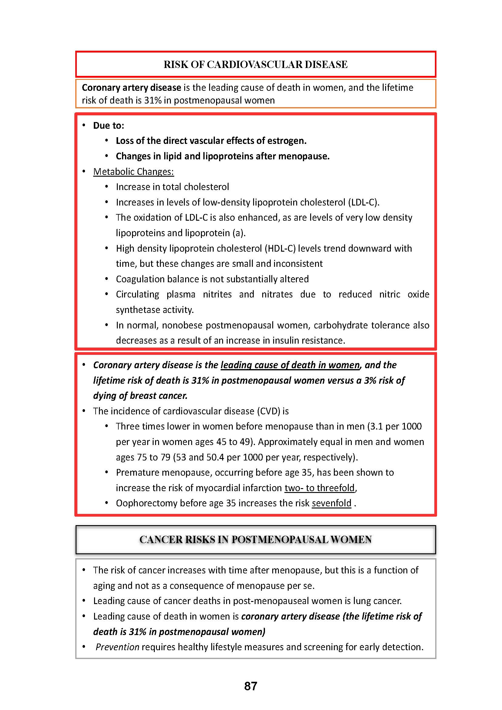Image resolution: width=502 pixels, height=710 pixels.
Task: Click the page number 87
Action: (x=250, y=686)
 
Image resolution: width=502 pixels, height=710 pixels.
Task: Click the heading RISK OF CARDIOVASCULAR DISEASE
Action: (x=255, y=64)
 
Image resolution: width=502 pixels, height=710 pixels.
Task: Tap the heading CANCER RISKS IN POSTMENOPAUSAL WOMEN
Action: (x=255, y=539)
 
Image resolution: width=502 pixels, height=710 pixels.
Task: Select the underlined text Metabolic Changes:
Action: (x=134, y=172)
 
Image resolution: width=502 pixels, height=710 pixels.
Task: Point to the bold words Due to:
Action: (x=108, y=126)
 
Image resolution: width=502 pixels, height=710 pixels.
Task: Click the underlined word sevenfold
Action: (x=331, y=503)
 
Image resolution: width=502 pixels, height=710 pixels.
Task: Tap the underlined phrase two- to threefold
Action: (x=320, y=488)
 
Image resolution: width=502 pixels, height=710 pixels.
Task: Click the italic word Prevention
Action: (x=117, y=647)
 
